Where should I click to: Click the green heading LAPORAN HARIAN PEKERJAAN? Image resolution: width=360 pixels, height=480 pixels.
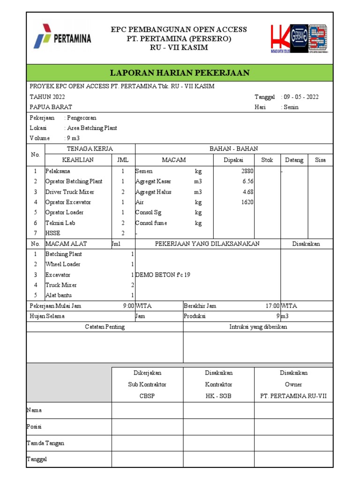coord(180,73)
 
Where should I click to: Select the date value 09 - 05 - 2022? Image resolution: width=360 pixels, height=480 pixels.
coord(301,97)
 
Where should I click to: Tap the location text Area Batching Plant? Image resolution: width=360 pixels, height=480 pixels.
coord(92,128)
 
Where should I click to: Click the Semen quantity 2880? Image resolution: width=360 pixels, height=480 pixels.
coord(247,171)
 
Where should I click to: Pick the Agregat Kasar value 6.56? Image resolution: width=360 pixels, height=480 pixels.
coord(248,181)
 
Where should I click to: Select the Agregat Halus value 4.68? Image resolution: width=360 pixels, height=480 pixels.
coord(248,192)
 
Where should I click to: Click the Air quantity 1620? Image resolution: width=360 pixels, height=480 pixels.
coord(247,202)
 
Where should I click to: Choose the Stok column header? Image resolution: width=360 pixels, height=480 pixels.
coord(267,160)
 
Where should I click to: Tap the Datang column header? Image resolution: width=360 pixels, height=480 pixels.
coord(294,160)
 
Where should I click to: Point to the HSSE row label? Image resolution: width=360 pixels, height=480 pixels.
coord(52,233)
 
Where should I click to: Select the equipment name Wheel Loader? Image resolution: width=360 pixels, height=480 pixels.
coord(63,264)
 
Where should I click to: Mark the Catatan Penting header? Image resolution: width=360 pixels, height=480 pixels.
coord(105,327)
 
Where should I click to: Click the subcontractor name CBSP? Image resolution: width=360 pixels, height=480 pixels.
coord(147,396)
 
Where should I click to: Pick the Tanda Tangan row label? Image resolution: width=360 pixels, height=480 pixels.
coord(45,443)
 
